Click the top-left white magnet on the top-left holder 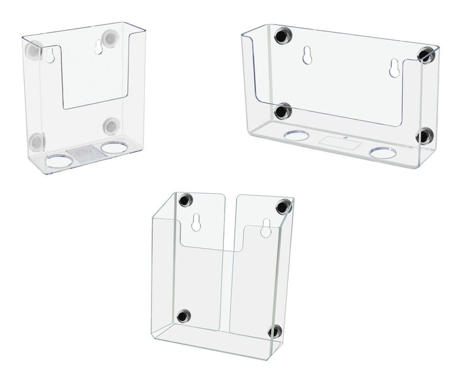33,50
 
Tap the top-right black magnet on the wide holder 427,55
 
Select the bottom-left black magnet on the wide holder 282,112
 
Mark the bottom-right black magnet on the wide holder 425,136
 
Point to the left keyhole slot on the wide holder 306,56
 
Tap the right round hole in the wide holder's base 383,153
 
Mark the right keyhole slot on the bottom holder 266,229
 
